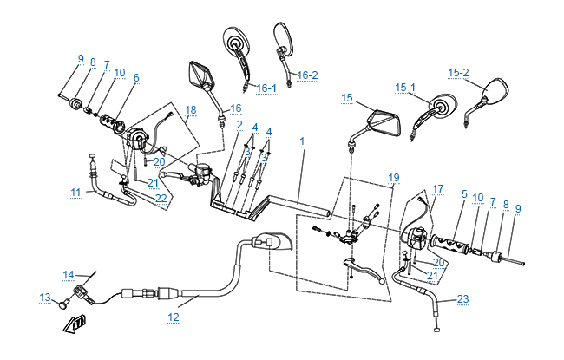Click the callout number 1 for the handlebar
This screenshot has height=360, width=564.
[302, 141]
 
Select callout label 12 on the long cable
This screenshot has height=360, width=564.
[174, 317]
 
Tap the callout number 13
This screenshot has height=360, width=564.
[46, 297]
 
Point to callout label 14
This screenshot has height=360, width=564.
[69, 275]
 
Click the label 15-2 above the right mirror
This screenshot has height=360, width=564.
[459, 72]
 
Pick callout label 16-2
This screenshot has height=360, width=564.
[308, 75]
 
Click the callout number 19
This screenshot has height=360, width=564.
[394, 178]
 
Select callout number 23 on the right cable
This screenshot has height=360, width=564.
[462, 300]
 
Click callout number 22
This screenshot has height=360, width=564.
[161, 198]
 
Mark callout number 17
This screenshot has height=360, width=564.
[437, 188]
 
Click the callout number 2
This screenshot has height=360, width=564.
[239, 125]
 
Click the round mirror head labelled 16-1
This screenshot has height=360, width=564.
[235, 42]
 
